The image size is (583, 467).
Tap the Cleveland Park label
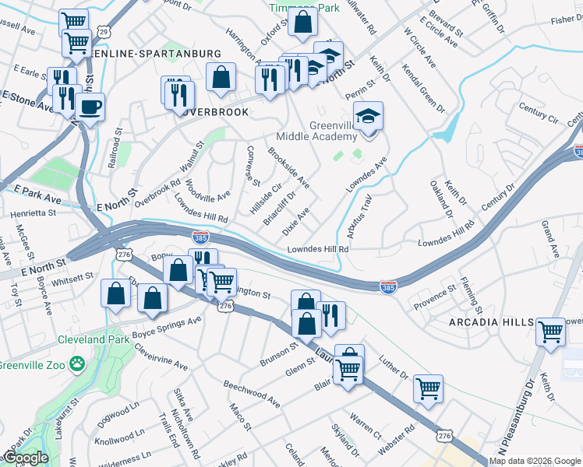coord(91,339)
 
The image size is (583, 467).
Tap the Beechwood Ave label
coord(251,395)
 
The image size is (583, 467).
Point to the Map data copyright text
coord(535,461)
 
